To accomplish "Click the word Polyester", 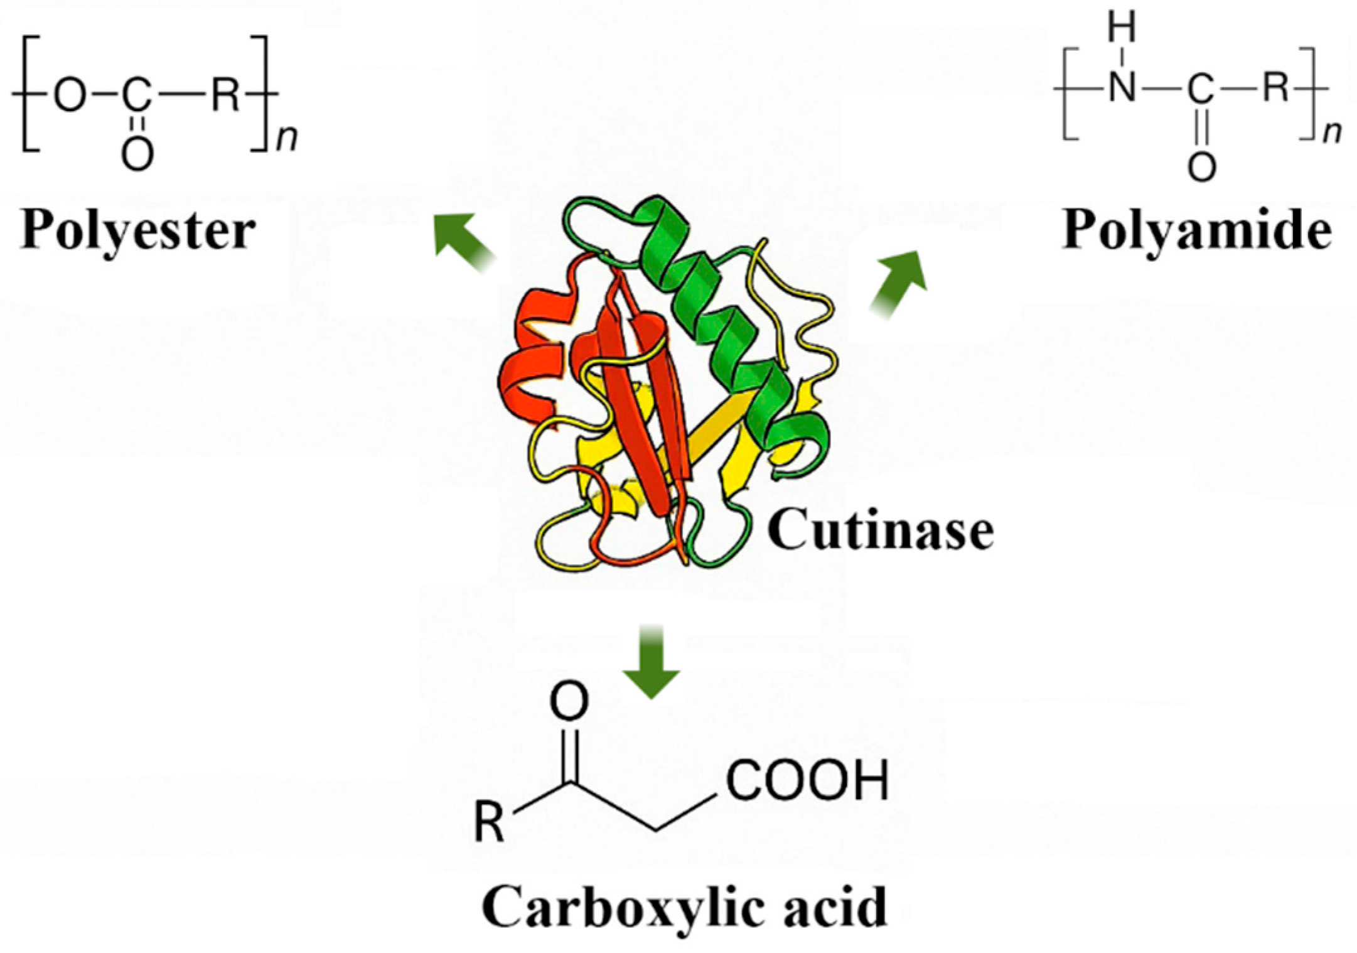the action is pyautogui.click(x=138, y=231).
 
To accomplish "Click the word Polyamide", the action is pyautogui.click(x=1196, y=231).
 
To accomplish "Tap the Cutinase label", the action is pyautogui.click(x=880, y=531).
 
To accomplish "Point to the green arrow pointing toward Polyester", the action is pyautogui.click(x=463, y=241).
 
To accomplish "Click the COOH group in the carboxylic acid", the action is pyautogui.click(x=807, y=780).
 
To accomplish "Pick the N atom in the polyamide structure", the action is pyautogui.click(x=1122, y=88).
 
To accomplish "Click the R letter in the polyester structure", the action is pyautogui.click(x=225, y=96).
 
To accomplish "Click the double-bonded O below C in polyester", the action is pyautogui.click(x=137, y=154).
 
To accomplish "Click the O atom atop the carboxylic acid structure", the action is pyautogui.click(x=569, y=702).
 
